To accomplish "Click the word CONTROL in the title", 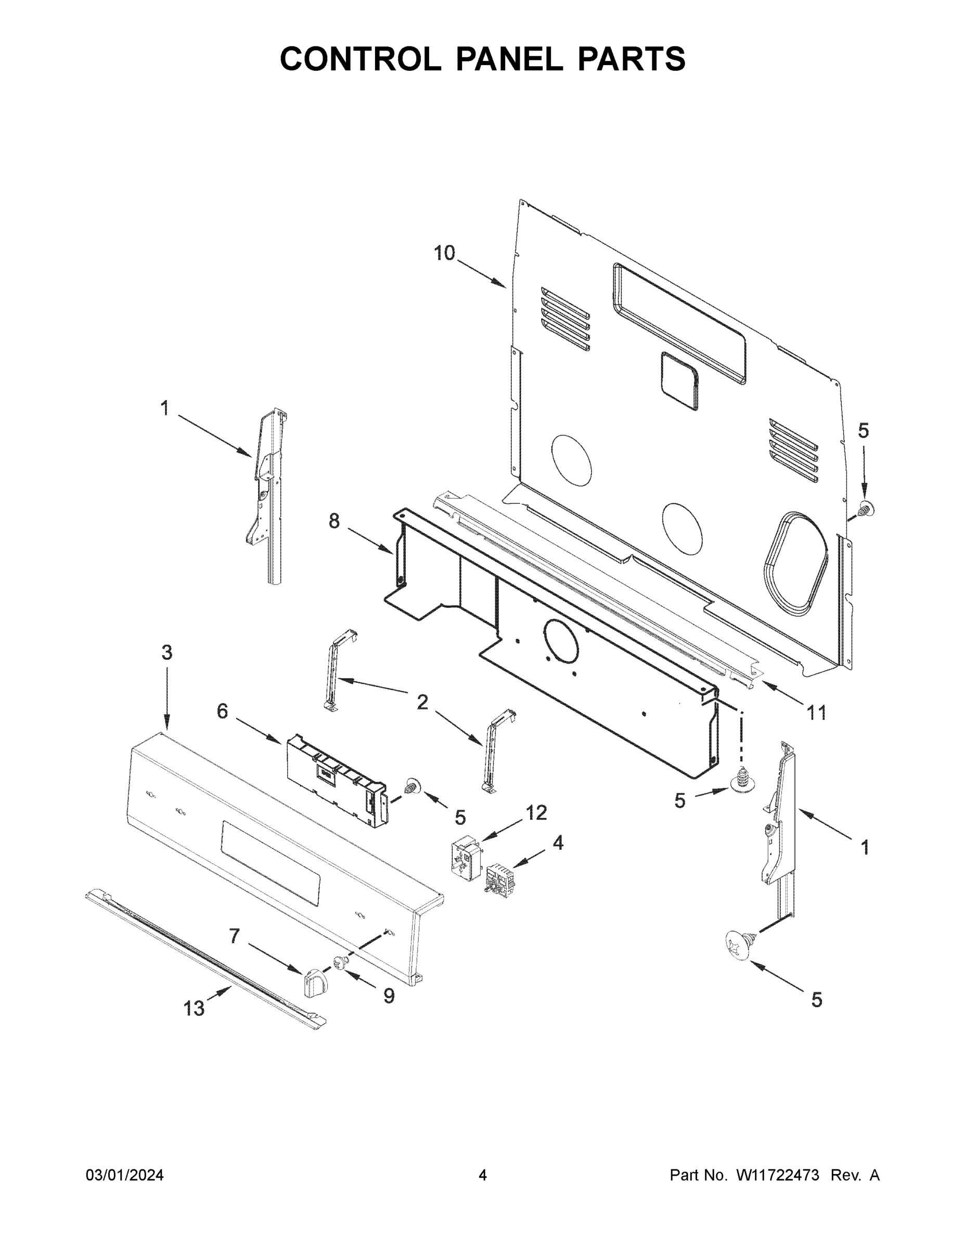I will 360,59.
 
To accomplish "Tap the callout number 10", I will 444,253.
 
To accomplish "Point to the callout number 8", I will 334,521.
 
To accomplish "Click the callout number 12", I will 536,813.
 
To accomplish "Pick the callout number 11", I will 816,712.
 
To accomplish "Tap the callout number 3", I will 166,653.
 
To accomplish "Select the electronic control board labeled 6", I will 337,780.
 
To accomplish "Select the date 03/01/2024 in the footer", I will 125,1176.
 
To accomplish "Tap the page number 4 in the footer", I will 483,1176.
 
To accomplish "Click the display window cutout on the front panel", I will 271,863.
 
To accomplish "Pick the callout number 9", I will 389,997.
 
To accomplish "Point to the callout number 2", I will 422,702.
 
